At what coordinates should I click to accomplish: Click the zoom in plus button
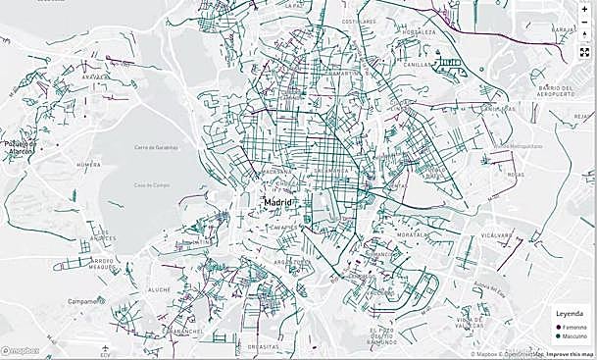[584, 9]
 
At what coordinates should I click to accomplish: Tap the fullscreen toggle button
[584, 51]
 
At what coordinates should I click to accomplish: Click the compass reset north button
[584, 35]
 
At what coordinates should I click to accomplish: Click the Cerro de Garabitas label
[158, 147]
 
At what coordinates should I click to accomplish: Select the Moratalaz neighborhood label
[413, 234]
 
